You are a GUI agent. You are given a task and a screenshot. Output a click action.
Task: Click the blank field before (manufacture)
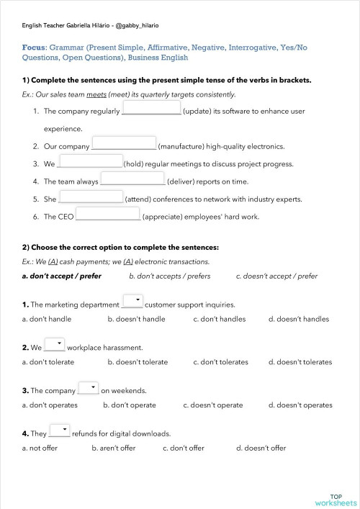[124, 144]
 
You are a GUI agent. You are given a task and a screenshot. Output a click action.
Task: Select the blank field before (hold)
[90, 162]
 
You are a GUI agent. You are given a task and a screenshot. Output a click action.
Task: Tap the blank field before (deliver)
[132, 179]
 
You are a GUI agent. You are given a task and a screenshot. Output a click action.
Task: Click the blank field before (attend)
[91, 197]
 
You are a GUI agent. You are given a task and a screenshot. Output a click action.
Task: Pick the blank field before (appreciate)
[108, 215]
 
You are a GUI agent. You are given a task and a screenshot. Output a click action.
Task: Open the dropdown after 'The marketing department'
[132, 301]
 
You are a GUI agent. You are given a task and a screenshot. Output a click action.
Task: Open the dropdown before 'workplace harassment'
[55, 345]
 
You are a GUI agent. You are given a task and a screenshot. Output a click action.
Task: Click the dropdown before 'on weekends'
[88, 388]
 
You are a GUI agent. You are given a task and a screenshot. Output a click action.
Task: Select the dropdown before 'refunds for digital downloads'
[59, 431]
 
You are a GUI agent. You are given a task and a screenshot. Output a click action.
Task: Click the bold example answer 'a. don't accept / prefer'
[62, 276]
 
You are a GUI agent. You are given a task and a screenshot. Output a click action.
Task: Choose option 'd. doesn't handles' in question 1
[298, 319]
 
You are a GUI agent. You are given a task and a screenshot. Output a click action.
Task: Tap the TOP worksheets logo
[336, 500]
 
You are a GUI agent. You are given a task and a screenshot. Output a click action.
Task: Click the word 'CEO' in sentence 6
[66, 216]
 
